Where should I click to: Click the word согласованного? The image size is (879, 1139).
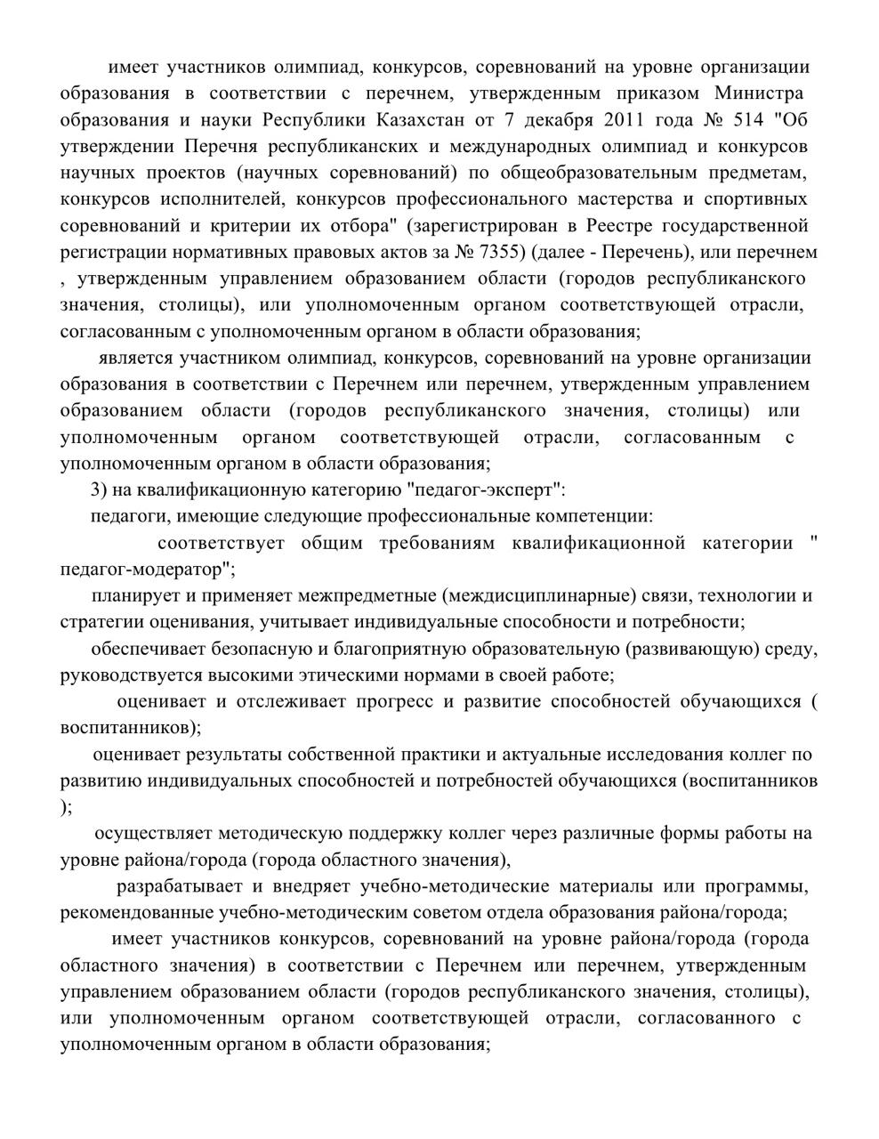[x=706, y=1018]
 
